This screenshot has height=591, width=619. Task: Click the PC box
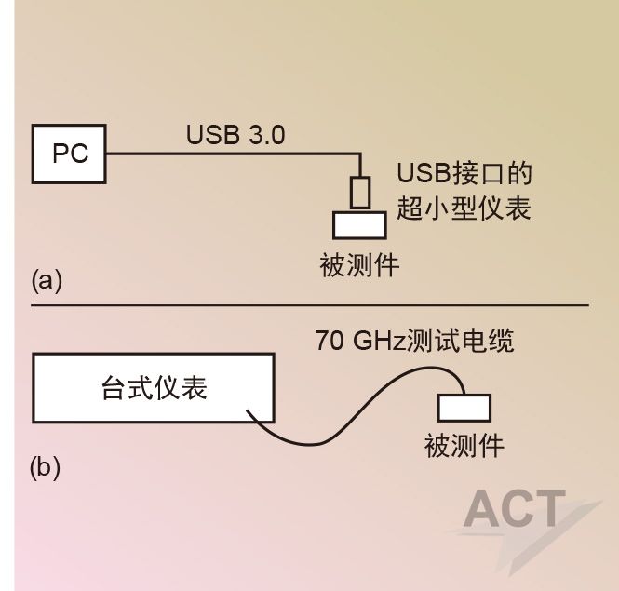tap(70, 153)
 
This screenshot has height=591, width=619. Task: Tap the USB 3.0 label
tap(235, 134)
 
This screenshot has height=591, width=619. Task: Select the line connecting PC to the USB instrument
tap(233, 154)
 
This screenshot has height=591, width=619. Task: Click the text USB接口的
tap(464, 174)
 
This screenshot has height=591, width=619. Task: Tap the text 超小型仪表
tap(464, 208)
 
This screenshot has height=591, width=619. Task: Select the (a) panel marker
tap(47, 280)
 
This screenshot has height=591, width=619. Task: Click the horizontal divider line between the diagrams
tap(307, 304)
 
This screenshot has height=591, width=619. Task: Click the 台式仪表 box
tap(154, 387)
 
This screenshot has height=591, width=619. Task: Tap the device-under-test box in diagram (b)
tap(464, 408)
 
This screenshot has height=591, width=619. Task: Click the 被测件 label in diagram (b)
tap(464, 446)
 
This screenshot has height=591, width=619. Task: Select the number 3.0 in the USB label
tap(266, 134)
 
